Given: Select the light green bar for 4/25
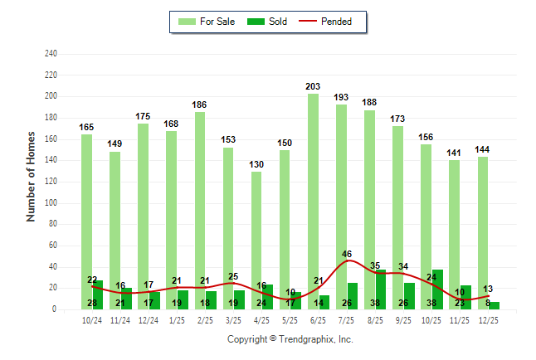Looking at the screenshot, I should pos(256,241).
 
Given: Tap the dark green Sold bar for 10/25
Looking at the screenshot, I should pos(437,289).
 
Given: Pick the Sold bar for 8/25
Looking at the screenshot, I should pos(381,289).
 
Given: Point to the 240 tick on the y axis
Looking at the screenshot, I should pos(51,54).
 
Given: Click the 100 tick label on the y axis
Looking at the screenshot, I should pos(51,203).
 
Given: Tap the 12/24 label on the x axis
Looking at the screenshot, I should pos(149,320).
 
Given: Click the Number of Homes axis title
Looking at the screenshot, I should pos(32,176).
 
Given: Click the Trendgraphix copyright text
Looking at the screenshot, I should pos(290,339).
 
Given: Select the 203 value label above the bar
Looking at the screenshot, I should pos(314,86).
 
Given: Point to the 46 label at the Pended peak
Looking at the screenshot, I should pos(347,254).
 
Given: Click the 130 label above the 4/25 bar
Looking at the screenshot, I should pos(256,164).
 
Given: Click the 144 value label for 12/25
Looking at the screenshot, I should pos(483,149).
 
